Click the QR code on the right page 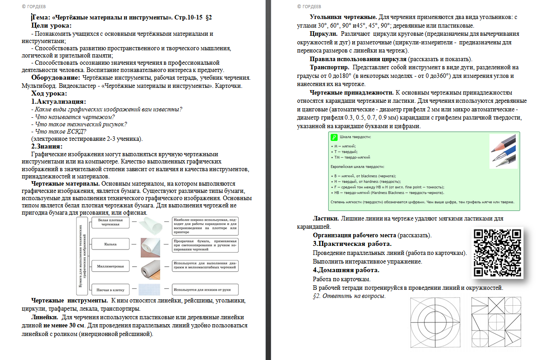coord(497,253)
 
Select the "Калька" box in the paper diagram coord(110,244)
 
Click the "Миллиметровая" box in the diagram coord(110,266)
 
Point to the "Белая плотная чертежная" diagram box coord(110,222)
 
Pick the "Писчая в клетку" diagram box coord(110,288)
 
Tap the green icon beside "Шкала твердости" coord(334,137)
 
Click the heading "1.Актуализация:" coord(58,101)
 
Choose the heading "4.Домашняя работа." coord(346,270)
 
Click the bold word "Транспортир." coord(329,67)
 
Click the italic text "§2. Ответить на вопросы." coord(349,296)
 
